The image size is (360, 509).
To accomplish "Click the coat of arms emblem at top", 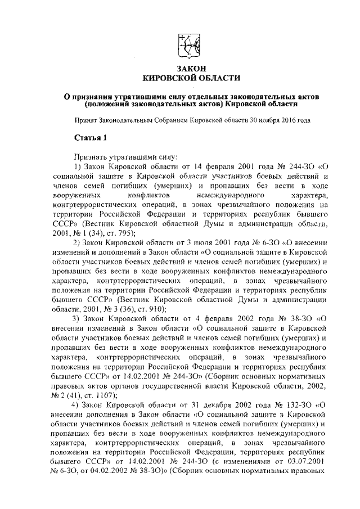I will click(x=186, y=45).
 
